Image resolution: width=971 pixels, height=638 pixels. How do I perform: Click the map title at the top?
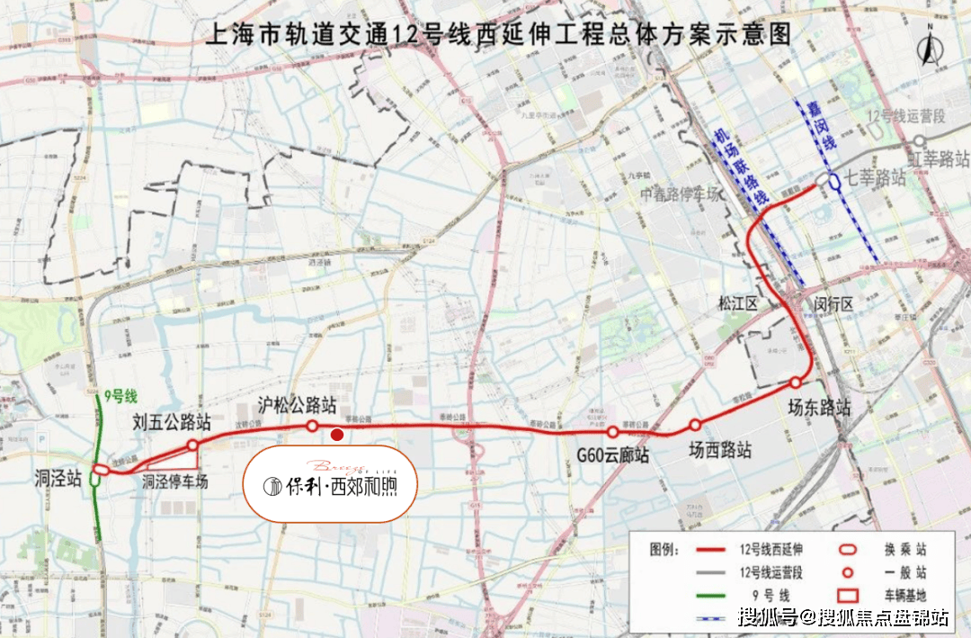click(499, 34)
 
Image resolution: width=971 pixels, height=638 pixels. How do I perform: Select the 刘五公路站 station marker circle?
click(192, 445)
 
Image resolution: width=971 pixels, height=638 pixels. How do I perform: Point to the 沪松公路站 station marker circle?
click(312, 426)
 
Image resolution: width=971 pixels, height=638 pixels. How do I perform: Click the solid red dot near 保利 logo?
click(336, 436)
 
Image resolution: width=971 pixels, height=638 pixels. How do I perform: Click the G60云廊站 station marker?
click(612, 433)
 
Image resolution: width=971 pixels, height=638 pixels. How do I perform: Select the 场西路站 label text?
click(720, 450)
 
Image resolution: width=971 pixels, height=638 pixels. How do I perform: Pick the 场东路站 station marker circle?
click(795, 382)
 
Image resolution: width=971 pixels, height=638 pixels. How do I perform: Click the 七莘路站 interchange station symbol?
click(834, 181)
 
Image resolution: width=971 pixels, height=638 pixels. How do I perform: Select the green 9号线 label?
click(120, 394)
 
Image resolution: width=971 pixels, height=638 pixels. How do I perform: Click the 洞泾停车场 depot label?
click(175, 482)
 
